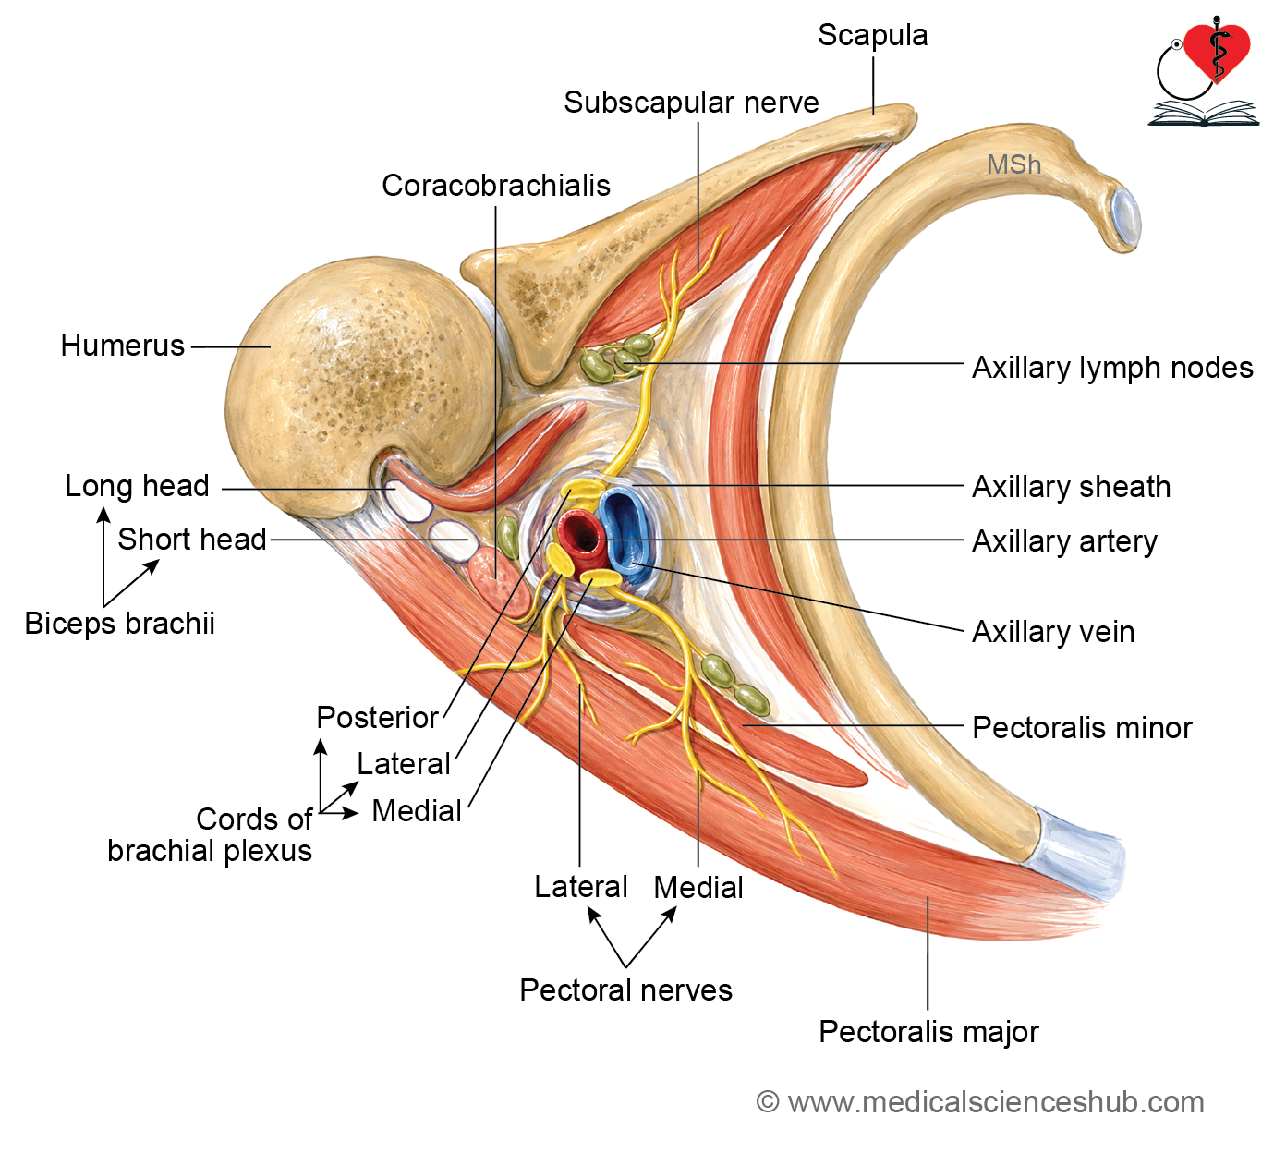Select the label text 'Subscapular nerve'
point(691,103)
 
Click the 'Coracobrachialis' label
point(496,186)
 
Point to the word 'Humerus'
point(123,346)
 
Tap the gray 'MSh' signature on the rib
point(1013,165)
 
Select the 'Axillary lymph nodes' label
point(1112,369)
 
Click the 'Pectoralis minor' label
point(1082,728)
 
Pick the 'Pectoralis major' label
point(928,1032)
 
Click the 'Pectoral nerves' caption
point(625,990)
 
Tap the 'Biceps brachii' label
point(119,624)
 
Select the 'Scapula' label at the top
point(873,35)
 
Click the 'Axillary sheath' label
point(1072,488)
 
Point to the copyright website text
point(981,1102)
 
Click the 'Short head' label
point(191,540)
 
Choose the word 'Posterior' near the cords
point(378,718)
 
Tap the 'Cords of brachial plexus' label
point(210,835)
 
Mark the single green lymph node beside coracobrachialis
point(508,537)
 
